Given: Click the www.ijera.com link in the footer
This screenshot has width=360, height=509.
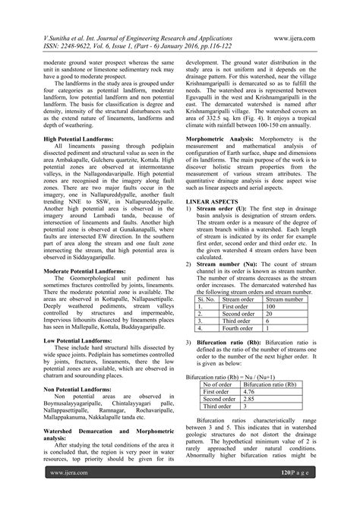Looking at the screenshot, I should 65,494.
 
